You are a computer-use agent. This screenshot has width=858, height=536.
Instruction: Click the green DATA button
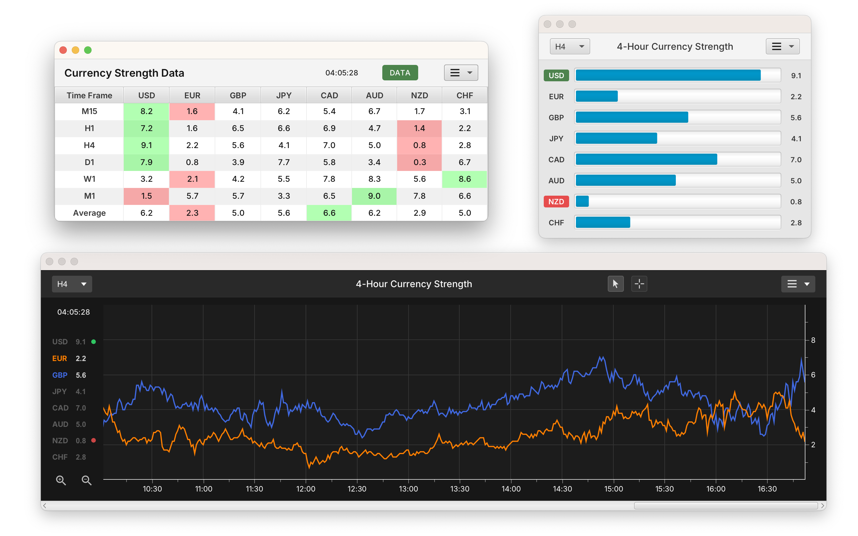tap(400, 73)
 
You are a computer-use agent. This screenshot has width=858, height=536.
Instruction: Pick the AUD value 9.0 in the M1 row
tap(374, 196)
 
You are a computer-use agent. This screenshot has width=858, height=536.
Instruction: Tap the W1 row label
tap(89, 179)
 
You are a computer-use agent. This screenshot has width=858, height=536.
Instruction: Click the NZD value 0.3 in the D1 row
tap(419, 162)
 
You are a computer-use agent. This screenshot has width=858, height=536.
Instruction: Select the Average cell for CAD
tap(329, 213)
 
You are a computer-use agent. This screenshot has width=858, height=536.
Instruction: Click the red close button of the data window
tap(63, 50)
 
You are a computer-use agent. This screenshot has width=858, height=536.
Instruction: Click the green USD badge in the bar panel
tap(556, 75)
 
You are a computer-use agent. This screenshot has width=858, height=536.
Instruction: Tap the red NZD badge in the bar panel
tap(556, 202)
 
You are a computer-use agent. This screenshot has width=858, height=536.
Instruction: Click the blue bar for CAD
tap(646, 160)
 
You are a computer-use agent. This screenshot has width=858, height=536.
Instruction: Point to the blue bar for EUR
tap(596, 96)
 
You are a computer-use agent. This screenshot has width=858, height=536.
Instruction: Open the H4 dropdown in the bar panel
tap(569, 46)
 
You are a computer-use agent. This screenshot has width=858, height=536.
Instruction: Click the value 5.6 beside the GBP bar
tap(796, 118)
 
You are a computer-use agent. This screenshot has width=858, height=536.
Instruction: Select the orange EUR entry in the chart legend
tap(60, 358)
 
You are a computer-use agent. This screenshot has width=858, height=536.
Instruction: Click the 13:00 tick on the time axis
tap(408, 489)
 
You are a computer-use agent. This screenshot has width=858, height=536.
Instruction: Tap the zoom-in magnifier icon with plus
tap(61, 480)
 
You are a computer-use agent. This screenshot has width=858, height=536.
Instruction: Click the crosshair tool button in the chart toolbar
tap(639, 284)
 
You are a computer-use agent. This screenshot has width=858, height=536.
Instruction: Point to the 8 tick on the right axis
tap(813, 340)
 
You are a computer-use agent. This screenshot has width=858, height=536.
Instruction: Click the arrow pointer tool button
tap(616, 284)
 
